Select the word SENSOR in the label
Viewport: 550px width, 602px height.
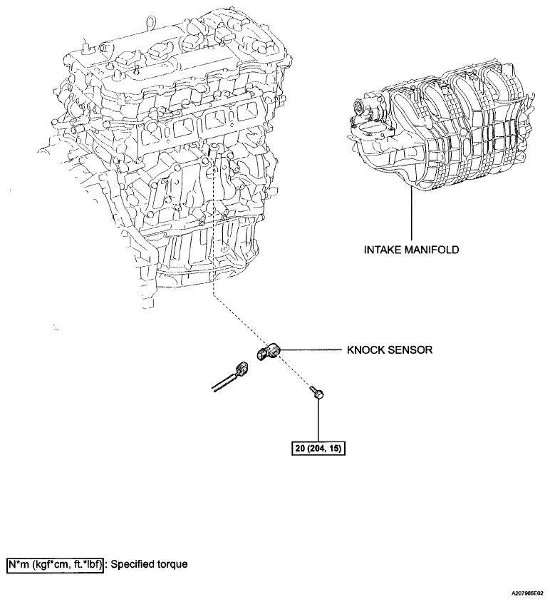[410, 350]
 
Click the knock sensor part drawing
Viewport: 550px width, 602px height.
[269, 352]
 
